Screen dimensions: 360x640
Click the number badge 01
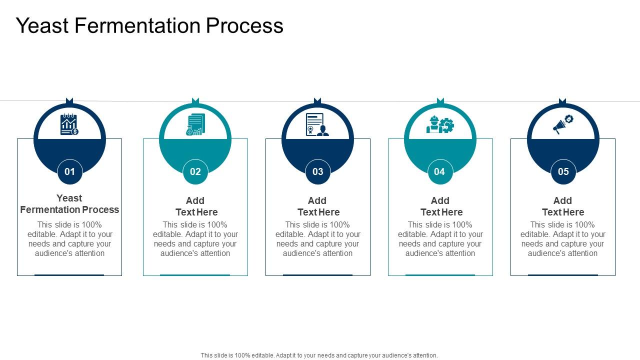tap(69, 172)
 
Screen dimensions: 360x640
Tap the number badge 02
tap(195, 172)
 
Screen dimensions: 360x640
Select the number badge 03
tap(318, 172)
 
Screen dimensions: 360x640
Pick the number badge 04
tap(439, 172)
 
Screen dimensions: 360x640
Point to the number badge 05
tap(563, 172)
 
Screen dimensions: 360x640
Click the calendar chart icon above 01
tap(69, 124)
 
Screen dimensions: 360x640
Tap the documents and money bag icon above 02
tap(195, 124)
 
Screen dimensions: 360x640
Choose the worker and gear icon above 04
tap(440, 124)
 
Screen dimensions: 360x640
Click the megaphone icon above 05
tap(562, 124)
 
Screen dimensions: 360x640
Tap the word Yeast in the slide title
tap(42, 26)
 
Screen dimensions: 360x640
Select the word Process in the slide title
tap(244, 26)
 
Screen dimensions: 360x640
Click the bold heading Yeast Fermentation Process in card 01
tap(69, 204)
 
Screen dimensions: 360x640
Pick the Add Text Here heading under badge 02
tap(195, 206)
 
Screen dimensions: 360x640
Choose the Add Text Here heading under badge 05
tap(563, 206)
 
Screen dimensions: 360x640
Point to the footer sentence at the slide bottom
tap(319, 355)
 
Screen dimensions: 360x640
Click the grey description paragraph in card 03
tap(318, 239)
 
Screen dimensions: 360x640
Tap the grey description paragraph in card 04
tap(440, 239)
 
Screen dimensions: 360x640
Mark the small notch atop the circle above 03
tap(317, 101)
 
